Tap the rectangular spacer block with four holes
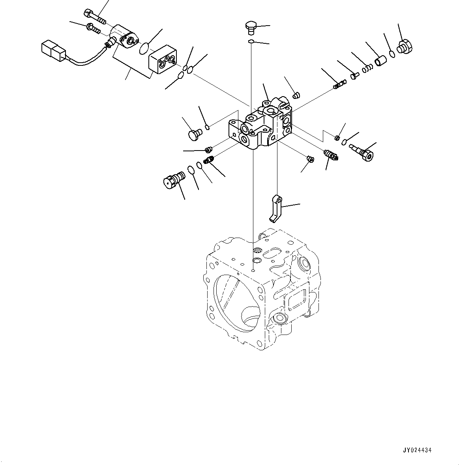pos(163,61)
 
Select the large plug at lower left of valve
pos(174,180)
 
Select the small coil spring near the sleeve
pos(368,68)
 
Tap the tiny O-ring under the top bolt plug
pos(251,41)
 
